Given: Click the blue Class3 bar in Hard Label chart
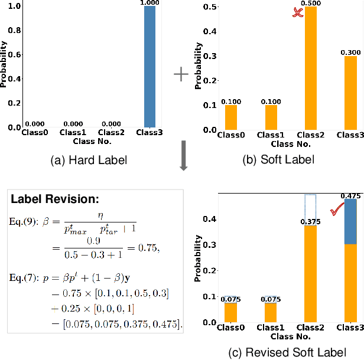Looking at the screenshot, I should coord(151,68).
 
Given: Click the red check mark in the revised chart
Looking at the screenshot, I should coord(337,208).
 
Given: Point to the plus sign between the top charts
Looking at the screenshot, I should coord(181,74).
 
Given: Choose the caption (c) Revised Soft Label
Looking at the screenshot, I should coord(287,353).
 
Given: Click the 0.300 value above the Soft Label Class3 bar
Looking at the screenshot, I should coord(350,53).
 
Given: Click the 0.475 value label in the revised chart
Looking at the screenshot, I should coord(350,195).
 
